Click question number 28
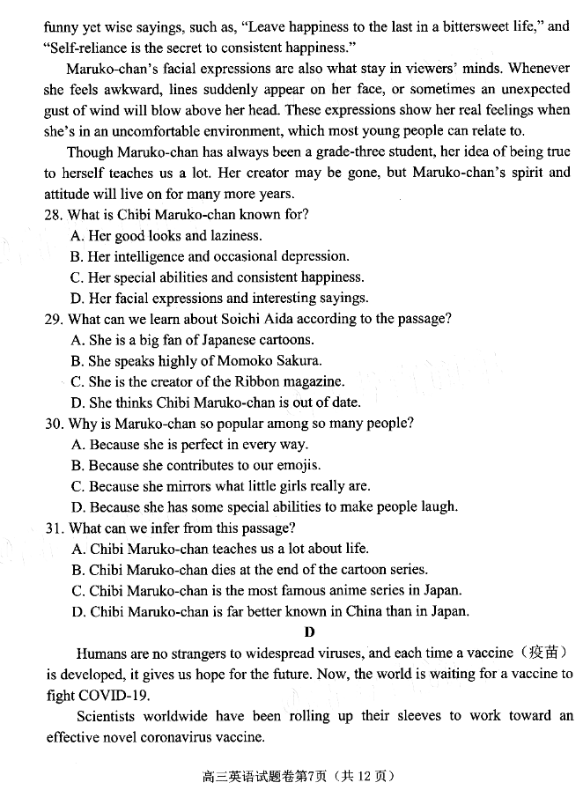(x=53, y=215)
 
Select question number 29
(x=53, y=319)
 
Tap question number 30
(x=53, y=424)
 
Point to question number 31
(x=53, y=528)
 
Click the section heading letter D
(x=308, y=631)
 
